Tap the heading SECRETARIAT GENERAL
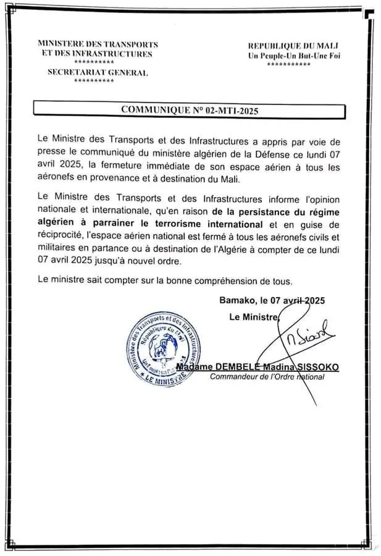tap(98, 73)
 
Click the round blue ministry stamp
tap(164, 349)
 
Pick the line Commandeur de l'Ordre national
tap(267, 376)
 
